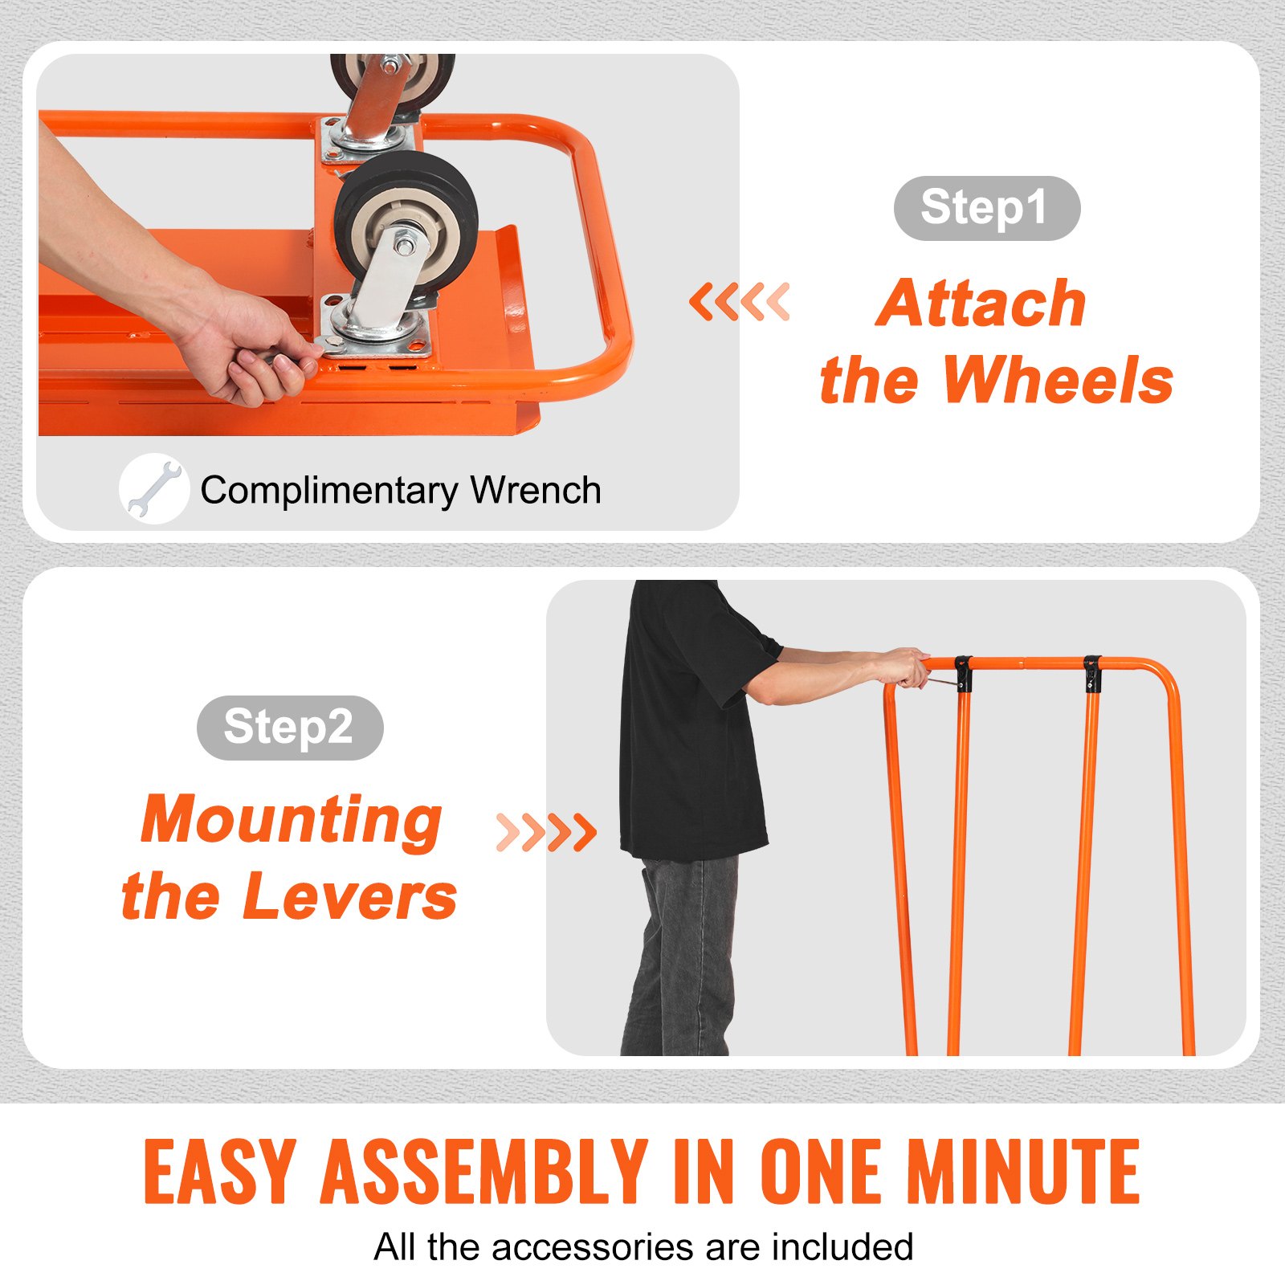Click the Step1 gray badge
coord(986,208)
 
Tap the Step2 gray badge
coord(290,728)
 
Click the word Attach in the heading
coord(981,304)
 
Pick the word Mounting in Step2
coord(292,821)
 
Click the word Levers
coord(349,897)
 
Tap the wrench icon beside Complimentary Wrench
coord(153,488)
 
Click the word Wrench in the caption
coord(536,491)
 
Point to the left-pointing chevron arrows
coord(739,302)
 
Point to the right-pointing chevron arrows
coord(546,832)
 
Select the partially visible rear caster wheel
coord(391,76)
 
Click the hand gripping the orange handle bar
coord(904,667)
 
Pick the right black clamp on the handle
coord(1091,674)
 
